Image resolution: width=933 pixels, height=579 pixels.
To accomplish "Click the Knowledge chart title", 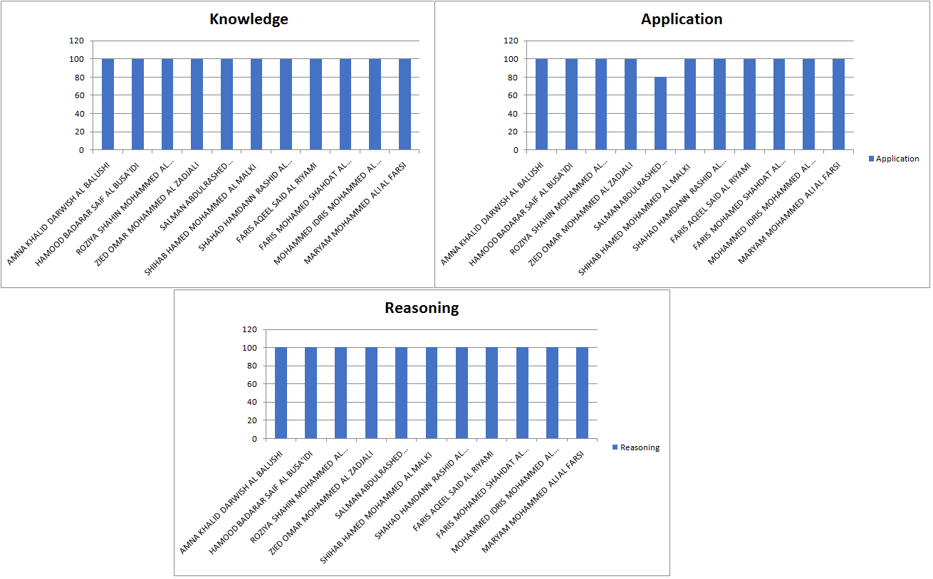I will tap(249, 19).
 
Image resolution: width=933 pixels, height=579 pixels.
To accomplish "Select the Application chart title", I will tap(682, 19).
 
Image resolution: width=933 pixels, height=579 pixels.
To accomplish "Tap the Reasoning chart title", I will tap(422, 308).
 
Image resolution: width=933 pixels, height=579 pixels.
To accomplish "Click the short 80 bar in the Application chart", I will tap(660, 114).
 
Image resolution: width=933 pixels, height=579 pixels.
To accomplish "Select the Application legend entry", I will tap(893, 159).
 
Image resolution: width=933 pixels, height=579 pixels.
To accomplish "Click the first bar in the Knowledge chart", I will tap(108, 105).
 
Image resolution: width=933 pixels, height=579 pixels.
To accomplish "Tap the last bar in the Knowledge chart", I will tap(405, 105).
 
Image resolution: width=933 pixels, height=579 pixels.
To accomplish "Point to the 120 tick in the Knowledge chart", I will tap(76, 41).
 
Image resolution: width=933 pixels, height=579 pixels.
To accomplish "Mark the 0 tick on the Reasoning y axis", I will tap(253, 439).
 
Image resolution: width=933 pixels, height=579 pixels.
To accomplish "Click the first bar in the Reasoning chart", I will tap(281, 393).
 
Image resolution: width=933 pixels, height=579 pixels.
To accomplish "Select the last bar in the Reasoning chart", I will tap(582, 393).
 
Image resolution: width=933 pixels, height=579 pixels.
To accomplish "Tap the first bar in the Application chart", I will tap(541, 105).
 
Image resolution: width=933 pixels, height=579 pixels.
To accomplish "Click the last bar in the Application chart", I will tap(838, 105).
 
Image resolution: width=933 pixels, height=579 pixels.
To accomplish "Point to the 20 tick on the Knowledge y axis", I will tap(78, 132).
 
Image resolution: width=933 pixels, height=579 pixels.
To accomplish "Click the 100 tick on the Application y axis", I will tap(510, 59).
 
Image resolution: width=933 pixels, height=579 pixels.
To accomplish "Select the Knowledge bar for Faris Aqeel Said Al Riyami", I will tap(316, 105).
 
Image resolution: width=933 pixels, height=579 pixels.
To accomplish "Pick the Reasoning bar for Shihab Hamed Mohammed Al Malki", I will tap(432, 393).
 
